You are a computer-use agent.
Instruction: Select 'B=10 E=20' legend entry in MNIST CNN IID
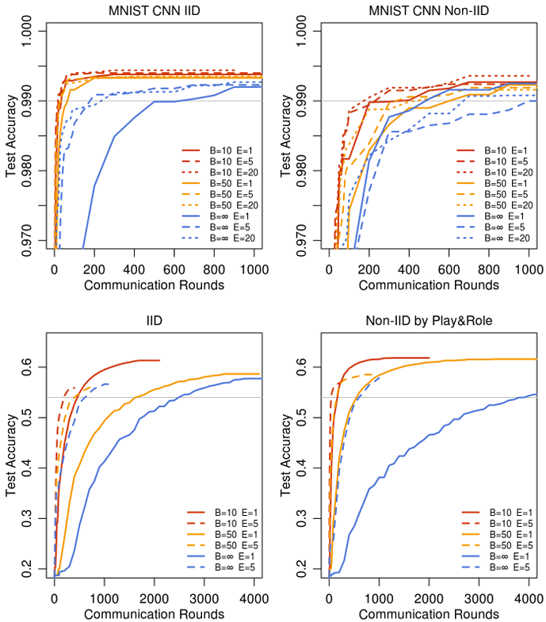tap(230, 171)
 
